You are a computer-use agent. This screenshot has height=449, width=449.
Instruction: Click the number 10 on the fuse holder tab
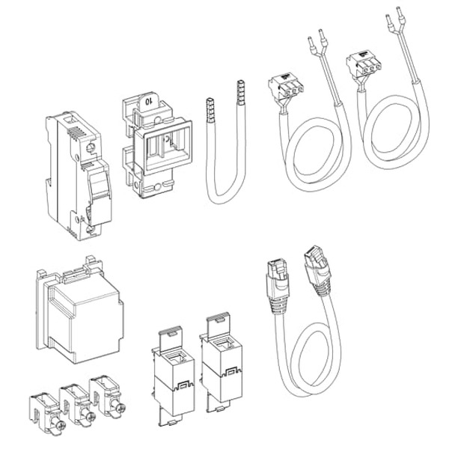tap(148, 101)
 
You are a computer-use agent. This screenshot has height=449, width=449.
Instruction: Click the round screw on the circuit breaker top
tap(91, 147)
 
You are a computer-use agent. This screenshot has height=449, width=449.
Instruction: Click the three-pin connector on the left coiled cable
tap(286, 86)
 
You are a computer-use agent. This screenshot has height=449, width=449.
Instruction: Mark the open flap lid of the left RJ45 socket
tap(171, 339)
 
